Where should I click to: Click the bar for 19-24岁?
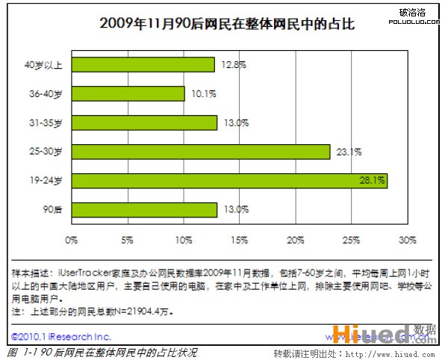pyautogui.click(x=229, y=181)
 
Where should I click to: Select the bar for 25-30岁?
pyautogui.click(x=201, y=152)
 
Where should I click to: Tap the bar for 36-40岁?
pyautogui.click(x=128, y=93)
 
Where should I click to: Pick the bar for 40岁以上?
pyautogui.click(x=143, y=65)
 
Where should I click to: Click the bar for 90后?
pyautogui.click(x=144, y=210)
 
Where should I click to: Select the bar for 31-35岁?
pyautogui.click(x=144, y=122)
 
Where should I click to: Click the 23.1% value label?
pyautogui.click(x=347, y=152)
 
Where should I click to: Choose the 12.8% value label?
pyautogui.click(x=233, y=65)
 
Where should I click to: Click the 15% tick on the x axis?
pyautogui.click(x=240, y=240)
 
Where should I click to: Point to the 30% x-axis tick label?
pyautogui.click(x=407, y=240)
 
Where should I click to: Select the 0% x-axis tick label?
pyautogui.click(x=72, y=240)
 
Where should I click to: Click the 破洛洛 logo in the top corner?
pyautogui.click(x=412, y=13)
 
